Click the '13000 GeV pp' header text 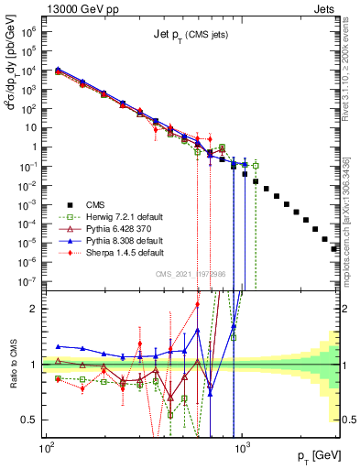tap(79, 8)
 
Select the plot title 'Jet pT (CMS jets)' tap(191, 35)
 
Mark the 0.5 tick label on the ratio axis tap(31, 420)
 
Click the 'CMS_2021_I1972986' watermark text tap(191, 274)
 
